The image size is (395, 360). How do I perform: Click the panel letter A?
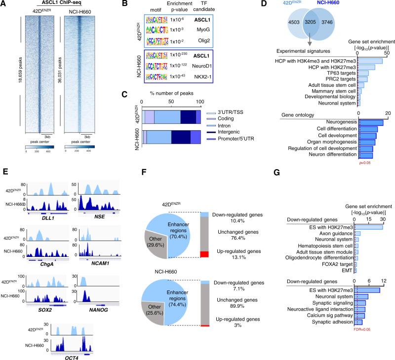click(x=5, y=4)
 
